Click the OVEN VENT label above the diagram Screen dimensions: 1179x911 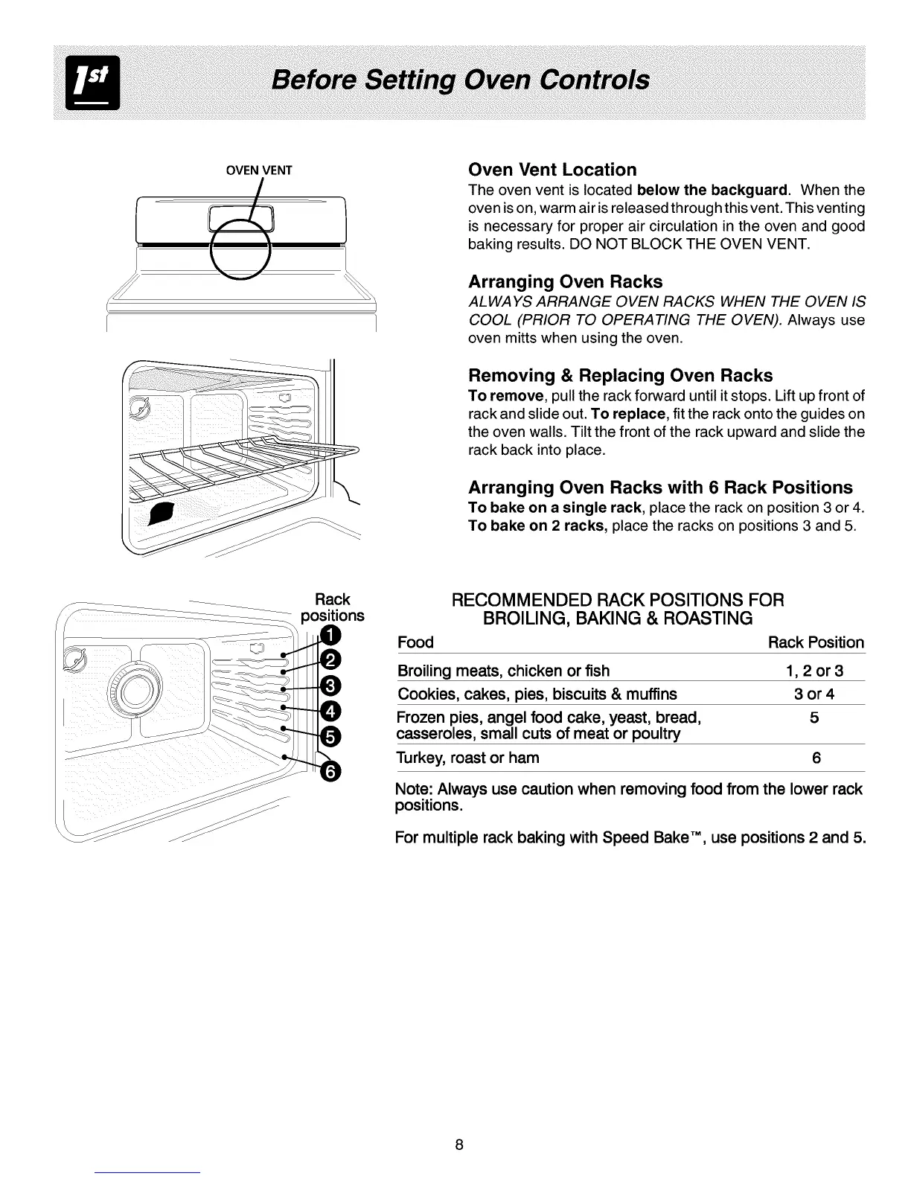pyautogui.click(x=259, y=170)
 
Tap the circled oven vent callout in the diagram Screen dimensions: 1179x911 pyautogui.click(x=239, y=249)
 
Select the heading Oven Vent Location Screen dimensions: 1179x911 pyautogui.click(x=552, y=170)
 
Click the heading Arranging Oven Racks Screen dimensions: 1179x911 pyautogui.click(x=565, y=282)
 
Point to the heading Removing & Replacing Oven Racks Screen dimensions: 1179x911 pyautogui.click(x=620, y=375)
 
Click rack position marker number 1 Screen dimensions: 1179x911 pyautogui.click(x=330, y=635)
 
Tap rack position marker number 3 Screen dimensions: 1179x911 pyautogui.click(x=329, y=686)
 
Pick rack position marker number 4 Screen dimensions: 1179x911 pyautogui.click(x=330, y=710)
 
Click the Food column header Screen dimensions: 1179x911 pyautogui.click(x=415, y=642)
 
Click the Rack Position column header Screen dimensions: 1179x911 pyautogui.click(x=816, y=642)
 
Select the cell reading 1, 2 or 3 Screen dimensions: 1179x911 pyautogui.click(x=814, y=671)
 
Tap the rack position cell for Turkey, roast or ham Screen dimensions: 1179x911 pyautogui.click(x=816, y=758)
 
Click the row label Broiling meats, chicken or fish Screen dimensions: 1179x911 pyautogui.click(x=503, y=671)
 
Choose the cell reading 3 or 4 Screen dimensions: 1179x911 pyautogui.click(x=814, y=694)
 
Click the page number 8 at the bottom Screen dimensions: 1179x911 pyautogui.click(x=459, y=1144)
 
